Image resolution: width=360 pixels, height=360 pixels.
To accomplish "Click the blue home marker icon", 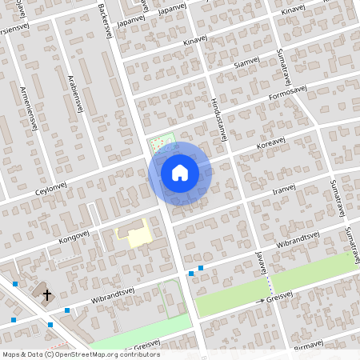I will pyautogui.click(x=180, y=173).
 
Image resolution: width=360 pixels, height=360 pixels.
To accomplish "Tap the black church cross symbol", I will pyautogui.click(x=46, y=294).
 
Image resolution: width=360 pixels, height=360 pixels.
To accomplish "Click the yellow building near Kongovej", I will pyautogui.click(x=133, y=235).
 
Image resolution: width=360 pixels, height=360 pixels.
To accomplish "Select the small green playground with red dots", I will pyautogui.click(x=161, y=142).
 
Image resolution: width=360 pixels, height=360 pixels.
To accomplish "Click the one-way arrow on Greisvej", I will pyautogui.click(x=261, y=301).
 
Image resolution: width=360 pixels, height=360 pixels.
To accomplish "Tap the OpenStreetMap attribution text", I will pyautogui.click(x=80, y=354).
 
